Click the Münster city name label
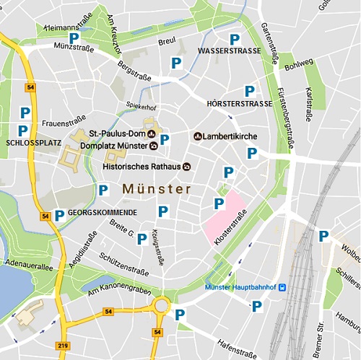[157, 189]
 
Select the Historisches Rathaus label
[141, 167]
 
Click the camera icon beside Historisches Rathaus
[188, 167]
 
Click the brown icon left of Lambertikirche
[197, 136]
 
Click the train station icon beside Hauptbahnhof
[282, 288]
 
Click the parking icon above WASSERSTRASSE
[234, 40]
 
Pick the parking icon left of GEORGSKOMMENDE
[59, 214]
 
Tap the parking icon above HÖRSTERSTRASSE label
[250, 91]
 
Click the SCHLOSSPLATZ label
[33, 143]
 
